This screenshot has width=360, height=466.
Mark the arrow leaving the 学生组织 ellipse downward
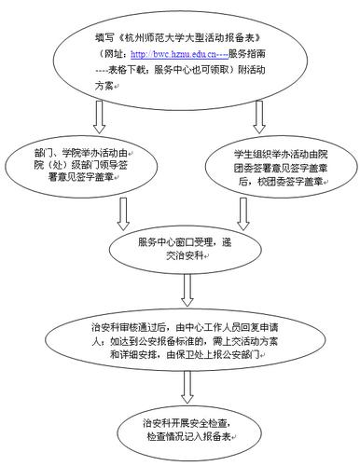pyautogui.click(x=242, y=212)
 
